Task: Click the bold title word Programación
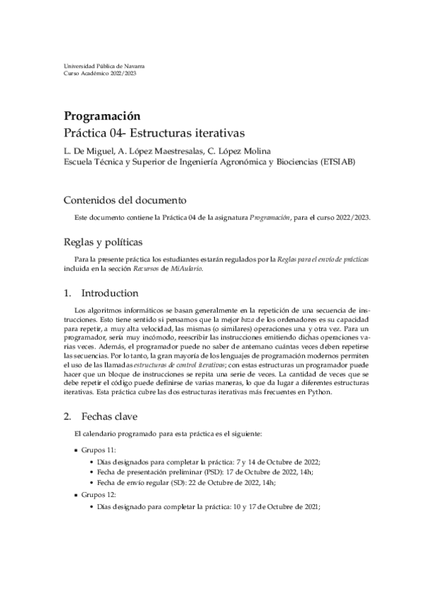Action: (103, 116)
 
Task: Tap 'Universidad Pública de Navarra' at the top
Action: (104, 65)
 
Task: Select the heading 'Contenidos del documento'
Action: (125, 199)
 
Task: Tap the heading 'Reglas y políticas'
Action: (104, 243)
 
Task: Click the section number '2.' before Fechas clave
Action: (68, 415)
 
